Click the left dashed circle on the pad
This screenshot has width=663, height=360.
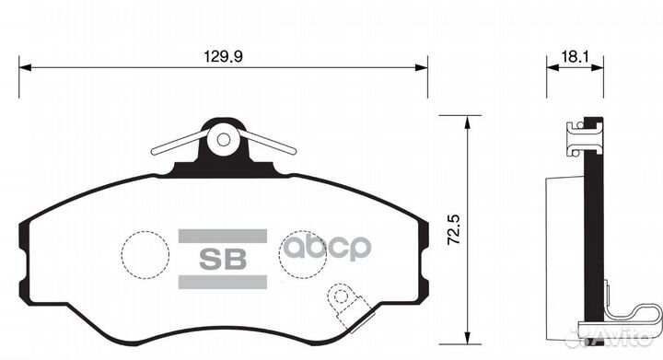[147, 251]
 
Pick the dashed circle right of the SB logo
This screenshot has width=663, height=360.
[303, 251]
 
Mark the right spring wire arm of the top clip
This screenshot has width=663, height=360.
[270, 144]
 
